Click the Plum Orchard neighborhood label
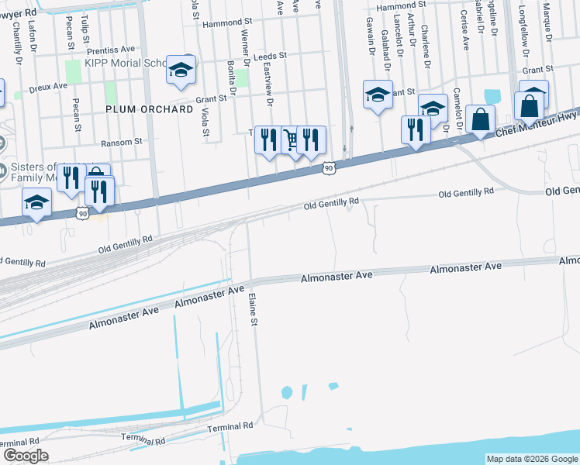(149, 109)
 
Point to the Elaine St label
(252, 308)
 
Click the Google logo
(26, 455)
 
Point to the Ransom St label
(122, 143)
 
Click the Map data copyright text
(531, 459)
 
